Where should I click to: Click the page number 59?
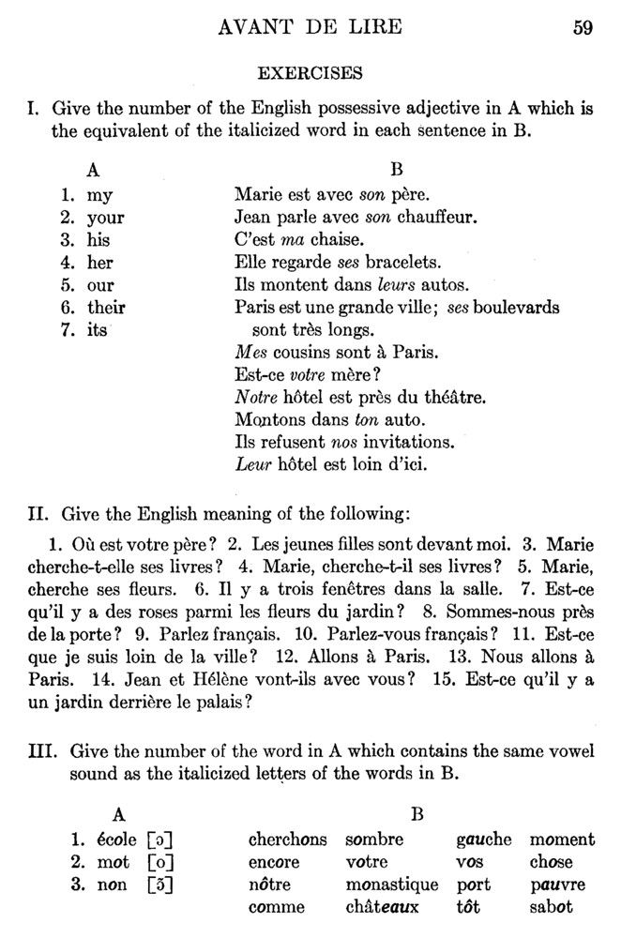pos(582,26)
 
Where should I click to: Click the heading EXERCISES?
pos(310,71)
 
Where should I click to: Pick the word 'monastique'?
pos(391,885)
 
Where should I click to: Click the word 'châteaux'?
pos(382,907)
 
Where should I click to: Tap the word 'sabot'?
pos(551,907)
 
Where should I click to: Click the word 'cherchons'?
pos(287,840)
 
